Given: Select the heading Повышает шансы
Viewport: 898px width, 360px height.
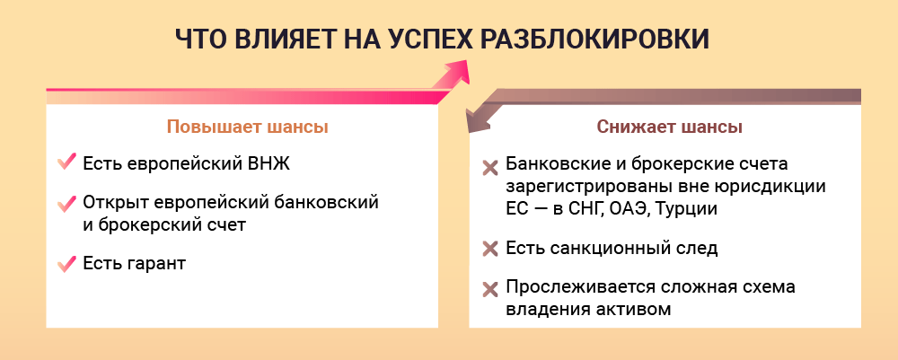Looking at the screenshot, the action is (x=248, y=127).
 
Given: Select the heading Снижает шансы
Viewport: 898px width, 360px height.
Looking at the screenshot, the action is (x=670, y=127).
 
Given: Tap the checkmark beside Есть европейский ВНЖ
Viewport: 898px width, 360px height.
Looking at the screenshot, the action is (x=67, y=162).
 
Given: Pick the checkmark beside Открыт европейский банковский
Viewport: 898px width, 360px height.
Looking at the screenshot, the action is (x=67, y=203).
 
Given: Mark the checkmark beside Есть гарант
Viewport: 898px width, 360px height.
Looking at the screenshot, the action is (x=67, y=264).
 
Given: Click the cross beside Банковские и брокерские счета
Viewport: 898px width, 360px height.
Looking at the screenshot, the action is (x=490, y=168).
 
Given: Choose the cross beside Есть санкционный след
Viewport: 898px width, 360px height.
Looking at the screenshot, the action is (x=490, y=249).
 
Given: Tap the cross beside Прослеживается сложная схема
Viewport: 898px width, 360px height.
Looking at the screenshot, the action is (x=490, y=290).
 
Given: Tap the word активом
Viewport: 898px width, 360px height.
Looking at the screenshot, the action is (x=636, y=309).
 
